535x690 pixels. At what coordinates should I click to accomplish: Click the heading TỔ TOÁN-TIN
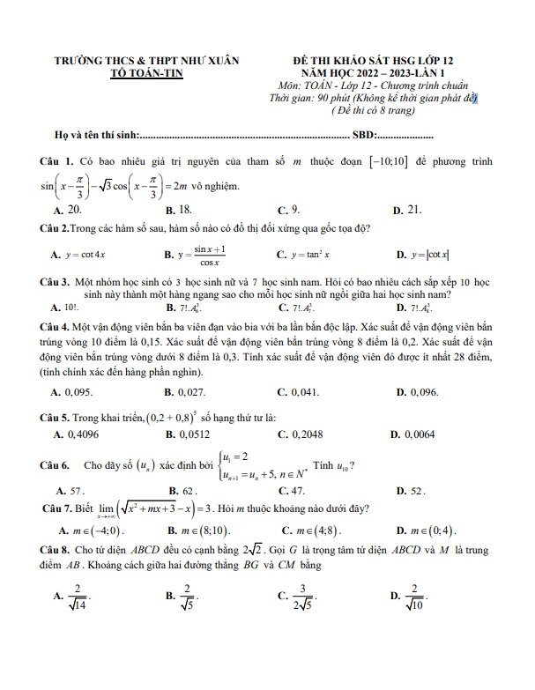pyautogui.click(x=146, y=74)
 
